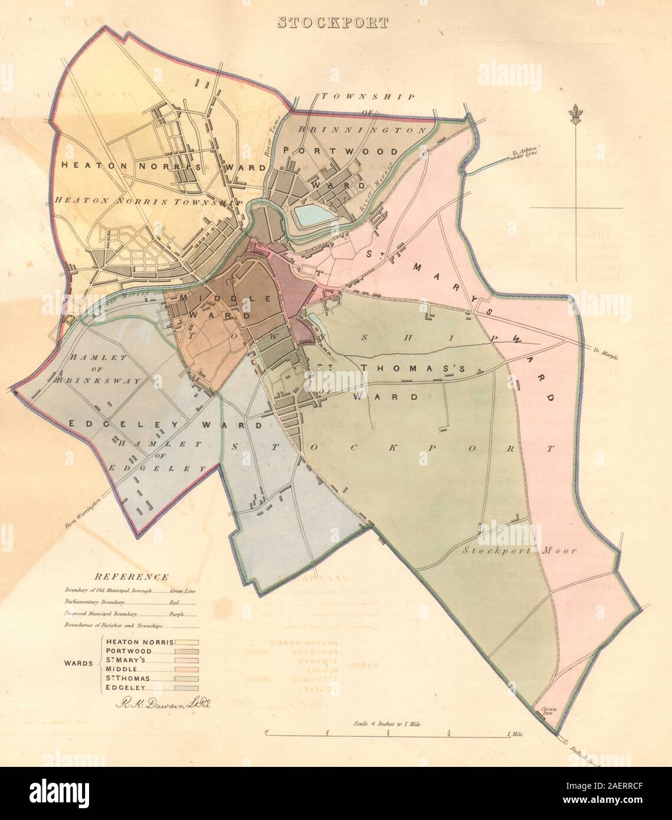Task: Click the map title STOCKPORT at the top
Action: (x=333, y=23)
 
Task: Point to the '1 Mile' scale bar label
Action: (x=515, y=734)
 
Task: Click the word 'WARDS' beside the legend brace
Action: (x=78, y=663)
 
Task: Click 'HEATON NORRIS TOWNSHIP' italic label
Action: (x=149, y=201)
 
